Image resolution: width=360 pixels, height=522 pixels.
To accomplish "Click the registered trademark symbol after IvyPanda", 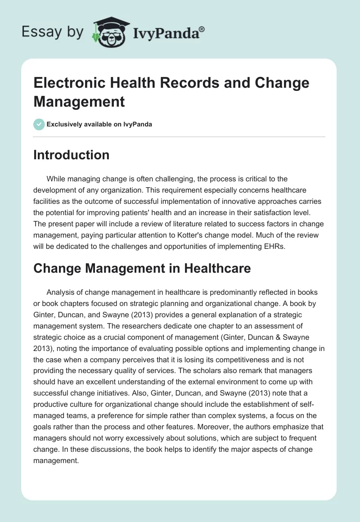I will [202, 29].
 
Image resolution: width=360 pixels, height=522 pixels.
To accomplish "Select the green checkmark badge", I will [39, 124].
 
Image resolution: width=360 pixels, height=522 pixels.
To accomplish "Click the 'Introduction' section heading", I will [72, 155].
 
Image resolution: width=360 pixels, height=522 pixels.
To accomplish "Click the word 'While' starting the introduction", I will [56, 179].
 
